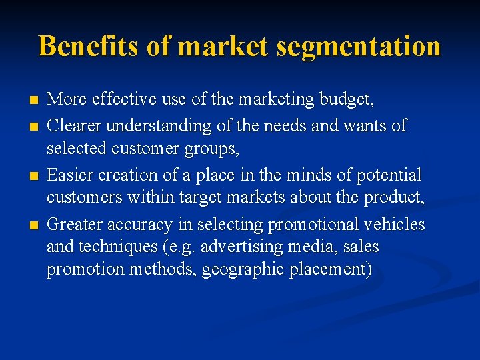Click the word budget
[x=346, y=101]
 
